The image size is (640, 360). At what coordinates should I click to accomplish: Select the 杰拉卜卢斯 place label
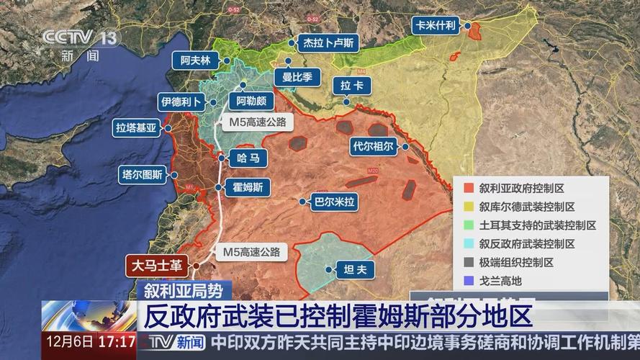pyautogui.click(x=328, y=43)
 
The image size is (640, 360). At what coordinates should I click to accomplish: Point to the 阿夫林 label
pyautogui.click(x=194, y=61)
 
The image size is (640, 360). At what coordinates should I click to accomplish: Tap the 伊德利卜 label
pyautogui.click(x=181, y=102)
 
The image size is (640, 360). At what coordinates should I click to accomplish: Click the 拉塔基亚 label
pyautogui.click(x=136, y=129)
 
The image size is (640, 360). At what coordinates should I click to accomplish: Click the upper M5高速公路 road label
pyautogui.click(x=257, y=122)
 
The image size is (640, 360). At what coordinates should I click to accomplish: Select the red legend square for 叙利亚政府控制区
pyautogui.click(x=469, y=188)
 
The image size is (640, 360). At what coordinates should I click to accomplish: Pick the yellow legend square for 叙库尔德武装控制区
pyautogui.click(x=469, y=207)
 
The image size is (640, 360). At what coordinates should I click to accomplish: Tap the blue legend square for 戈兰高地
pyautogui.click(x=469, y=281)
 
